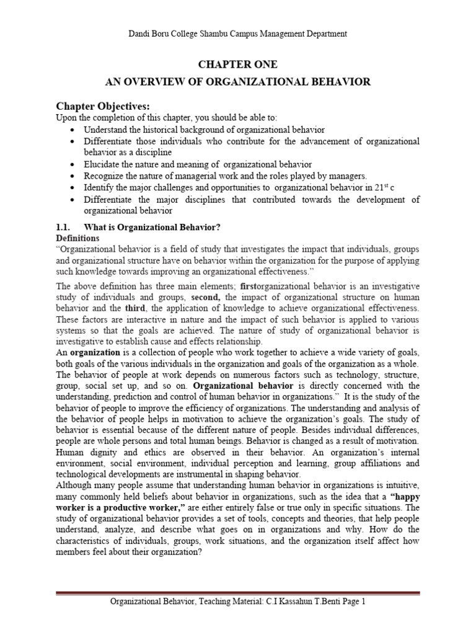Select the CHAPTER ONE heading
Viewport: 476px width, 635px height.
(237, 64)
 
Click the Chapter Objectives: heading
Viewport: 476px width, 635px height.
(104, 105)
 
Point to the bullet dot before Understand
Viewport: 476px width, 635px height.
(74, 130)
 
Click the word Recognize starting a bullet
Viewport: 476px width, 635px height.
(105, 175)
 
